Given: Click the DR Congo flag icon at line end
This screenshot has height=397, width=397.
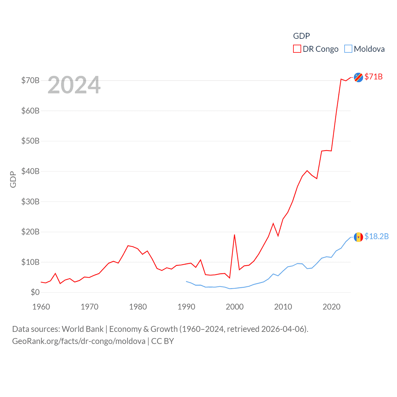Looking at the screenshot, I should click(x=358, y=77).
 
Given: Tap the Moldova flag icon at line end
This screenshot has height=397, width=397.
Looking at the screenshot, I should click(x=358, y=237).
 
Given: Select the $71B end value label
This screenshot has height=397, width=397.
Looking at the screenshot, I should click(x=373, y=77).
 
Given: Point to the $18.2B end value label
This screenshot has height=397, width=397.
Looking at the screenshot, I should click(x=376, y=236).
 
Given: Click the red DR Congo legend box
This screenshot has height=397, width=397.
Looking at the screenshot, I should click(x=297, y=49).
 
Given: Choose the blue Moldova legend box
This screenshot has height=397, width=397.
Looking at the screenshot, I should click(x=348, y=49).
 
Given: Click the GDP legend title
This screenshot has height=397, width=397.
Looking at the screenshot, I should click(x=301, y=36).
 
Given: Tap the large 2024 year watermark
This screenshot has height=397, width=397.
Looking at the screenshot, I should click(x=74, y=85).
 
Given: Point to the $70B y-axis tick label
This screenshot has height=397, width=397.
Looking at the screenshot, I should click(x=30, y=81).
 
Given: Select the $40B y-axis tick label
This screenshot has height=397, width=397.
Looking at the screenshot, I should click(x=30, y=171).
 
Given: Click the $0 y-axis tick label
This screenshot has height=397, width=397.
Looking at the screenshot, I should click(x=35, y=292).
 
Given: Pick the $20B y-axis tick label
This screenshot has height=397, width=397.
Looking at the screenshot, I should click(x=30, y=232).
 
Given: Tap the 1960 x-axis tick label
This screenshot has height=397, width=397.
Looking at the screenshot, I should click(x=41, y=307).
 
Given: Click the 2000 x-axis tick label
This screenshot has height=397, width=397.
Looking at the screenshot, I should click(x=234, y=307).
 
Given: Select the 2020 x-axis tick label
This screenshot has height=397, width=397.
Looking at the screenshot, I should click(x=331, y=307).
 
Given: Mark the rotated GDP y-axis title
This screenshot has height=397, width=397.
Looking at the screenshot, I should click(x=13, y=179).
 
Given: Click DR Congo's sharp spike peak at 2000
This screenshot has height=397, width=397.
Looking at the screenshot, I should click(x=234, y=235).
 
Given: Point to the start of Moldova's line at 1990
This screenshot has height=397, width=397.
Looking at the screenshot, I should click(x=186, y=281).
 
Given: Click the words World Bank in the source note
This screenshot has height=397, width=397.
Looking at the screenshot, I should click(x=83, y=329).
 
